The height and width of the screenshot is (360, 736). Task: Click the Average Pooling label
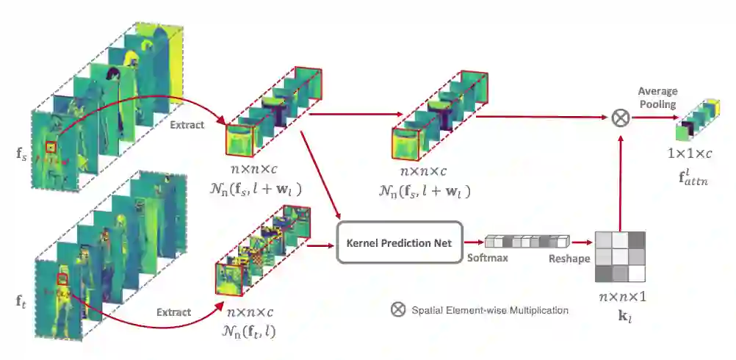click(657, 98)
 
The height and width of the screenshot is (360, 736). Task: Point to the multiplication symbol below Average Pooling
click(621, 117)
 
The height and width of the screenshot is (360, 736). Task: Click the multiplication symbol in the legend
click(397, 309)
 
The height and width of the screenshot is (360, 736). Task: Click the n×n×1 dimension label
click(621, 298)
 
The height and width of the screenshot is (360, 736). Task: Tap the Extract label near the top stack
click(187, 126)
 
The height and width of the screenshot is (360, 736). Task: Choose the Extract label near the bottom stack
click(173, 312)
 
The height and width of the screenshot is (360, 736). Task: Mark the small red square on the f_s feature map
click(51, 147)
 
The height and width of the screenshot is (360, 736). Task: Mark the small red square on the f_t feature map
click(62, 278)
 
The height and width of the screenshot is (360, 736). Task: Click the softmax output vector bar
click(527, 241)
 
